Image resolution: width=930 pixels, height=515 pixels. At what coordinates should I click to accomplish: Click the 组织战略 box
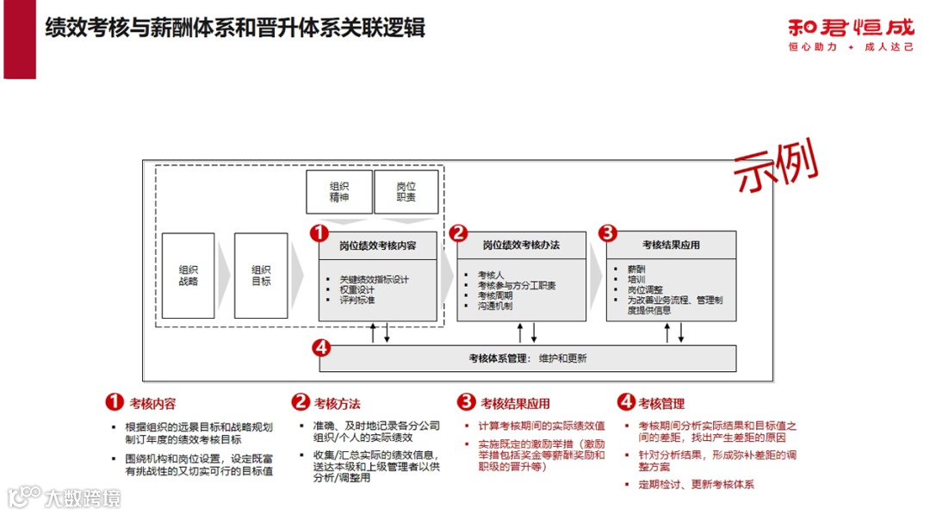188,276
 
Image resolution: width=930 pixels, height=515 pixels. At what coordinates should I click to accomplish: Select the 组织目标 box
261,276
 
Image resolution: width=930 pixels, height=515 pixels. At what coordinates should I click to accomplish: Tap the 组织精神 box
339,191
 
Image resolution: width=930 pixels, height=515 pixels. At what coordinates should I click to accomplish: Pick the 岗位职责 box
406,191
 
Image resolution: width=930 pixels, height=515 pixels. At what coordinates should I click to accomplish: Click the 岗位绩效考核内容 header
378,245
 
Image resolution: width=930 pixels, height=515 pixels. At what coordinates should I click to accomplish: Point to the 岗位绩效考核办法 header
521,245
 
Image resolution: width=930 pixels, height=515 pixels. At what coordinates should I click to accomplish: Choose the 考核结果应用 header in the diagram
671,245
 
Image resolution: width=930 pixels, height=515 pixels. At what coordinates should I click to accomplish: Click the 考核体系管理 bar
528,358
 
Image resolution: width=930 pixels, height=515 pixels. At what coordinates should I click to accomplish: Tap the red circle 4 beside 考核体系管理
320,348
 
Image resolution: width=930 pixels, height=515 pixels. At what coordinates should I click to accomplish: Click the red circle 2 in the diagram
459,233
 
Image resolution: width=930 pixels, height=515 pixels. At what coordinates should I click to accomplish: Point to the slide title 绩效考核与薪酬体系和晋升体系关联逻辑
235,28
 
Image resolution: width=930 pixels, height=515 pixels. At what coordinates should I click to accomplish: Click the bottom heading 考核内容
152,403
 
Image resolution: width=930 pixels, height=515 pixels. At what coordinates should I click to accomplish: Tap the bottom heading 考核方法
337,403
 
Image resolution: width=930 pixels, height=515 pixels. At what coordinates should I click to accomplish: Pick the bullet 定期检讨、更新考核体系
696,485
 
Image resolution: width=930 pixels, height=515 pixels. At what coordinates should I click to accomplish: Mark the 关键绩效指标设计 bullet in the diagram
374,279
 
